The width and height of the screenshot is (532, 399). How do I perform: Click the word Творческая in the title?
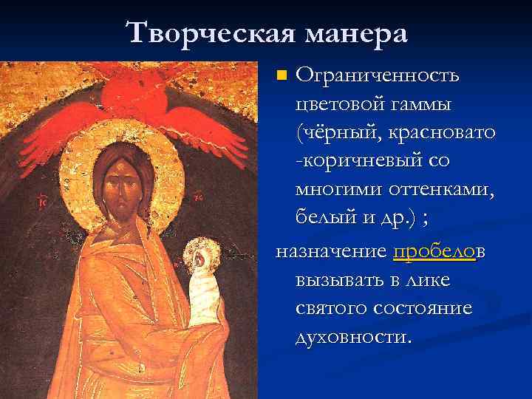(210, 33)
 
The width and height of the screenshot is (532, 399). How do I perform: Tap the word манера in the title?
(353, 33)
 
